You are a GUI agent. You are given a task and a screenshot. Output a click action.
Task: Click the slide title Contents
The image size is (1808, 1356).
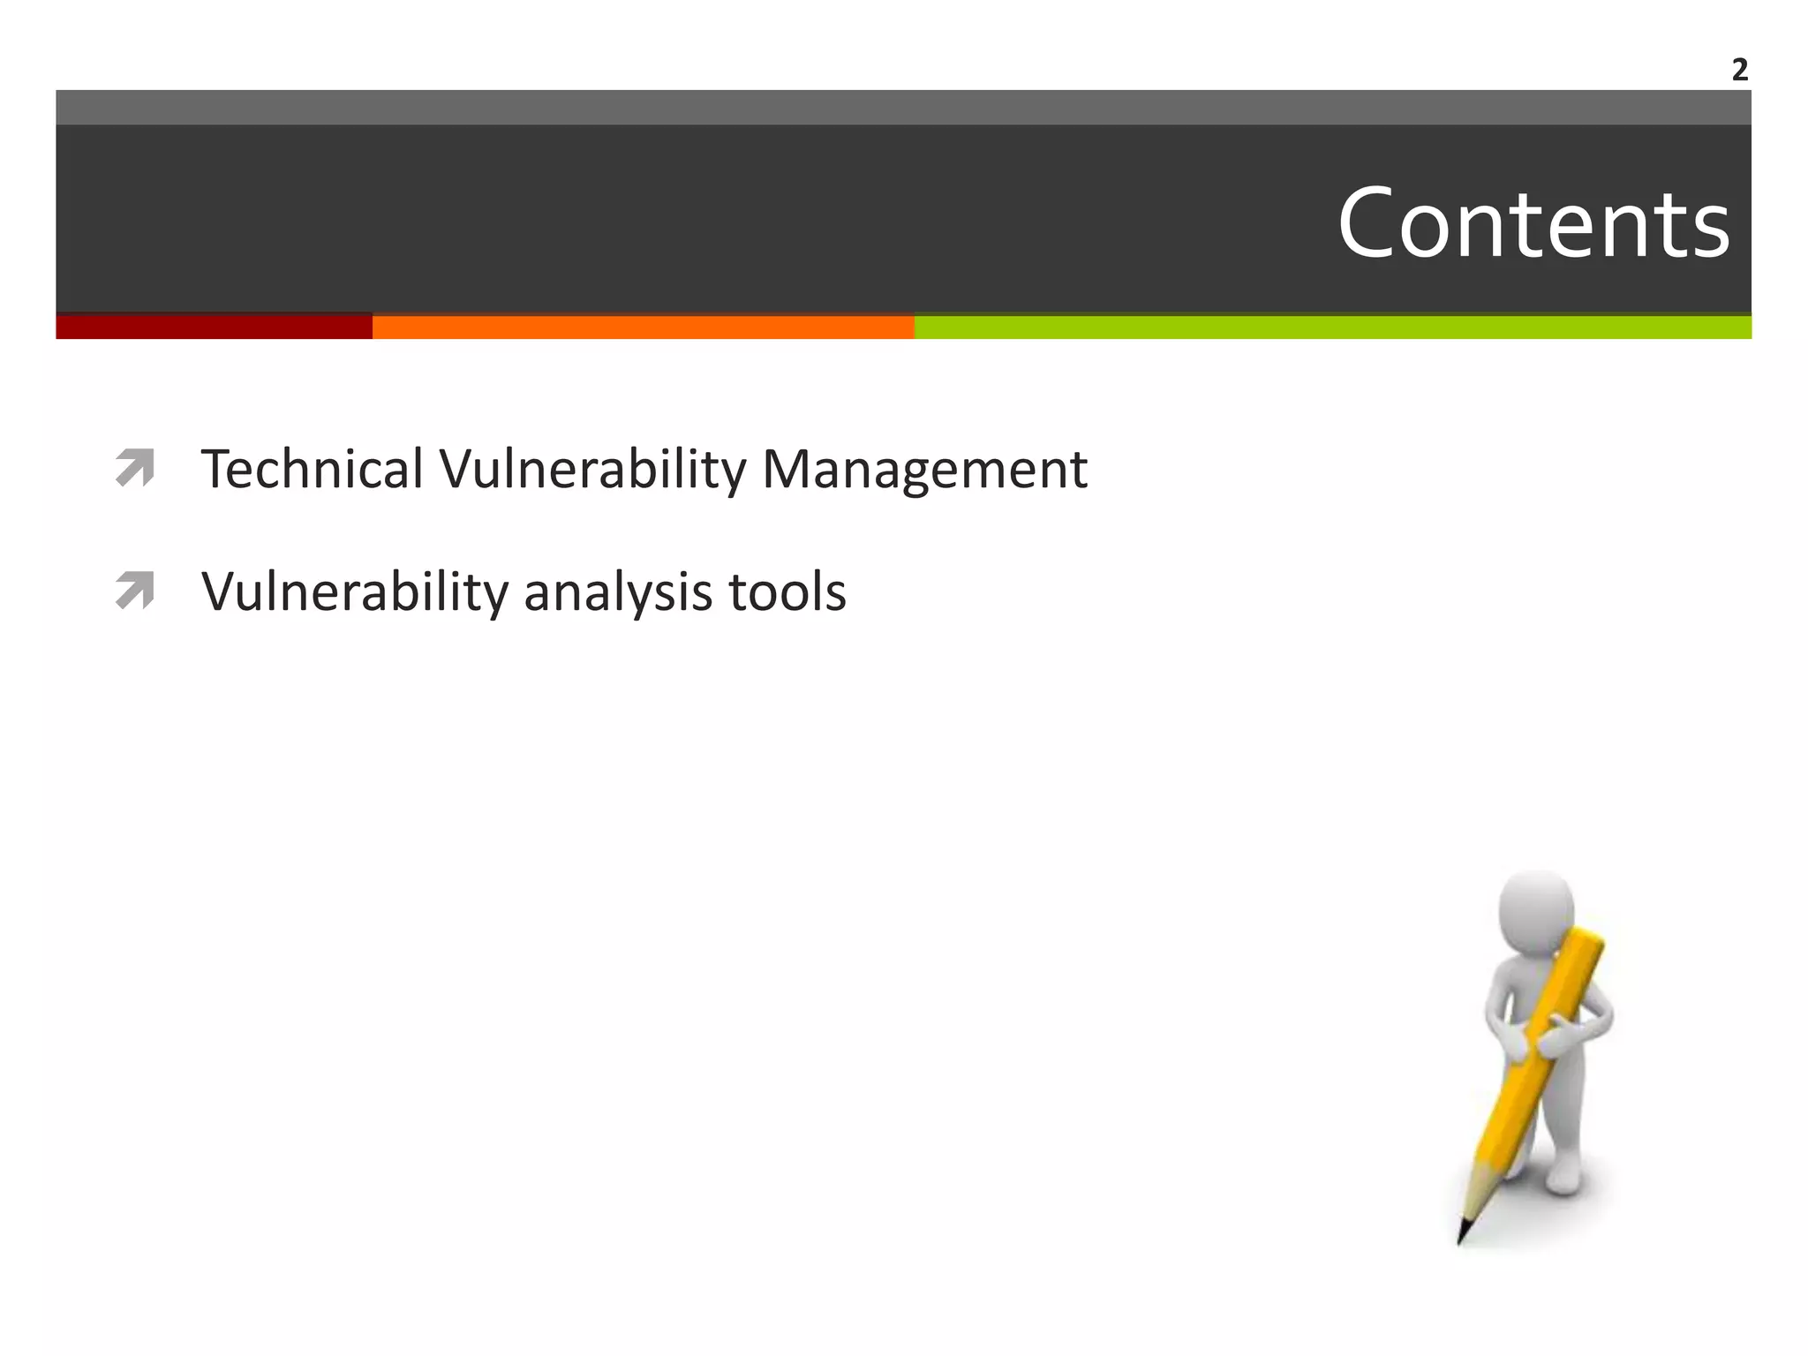click(x=1533, y=224)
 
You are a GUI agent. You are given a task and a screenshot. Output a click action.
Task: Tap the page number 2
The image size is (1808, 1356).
click(x=1739, y=70)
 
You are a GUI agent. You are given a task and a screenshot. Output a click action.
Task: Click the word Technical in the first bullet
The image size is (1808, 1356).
click(x=312, y=469)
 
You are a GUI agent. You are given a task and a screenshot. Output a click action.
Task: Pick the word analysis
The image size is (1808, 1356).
click(x=618, y=592)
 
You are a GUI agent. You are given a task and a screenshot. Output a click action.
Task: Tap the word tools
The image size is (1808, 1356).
click(x=787, y=592)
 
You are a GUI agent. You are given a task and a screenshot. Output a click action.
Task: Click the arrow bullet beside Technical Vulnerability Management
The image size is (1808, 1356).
click(x=135, y=468)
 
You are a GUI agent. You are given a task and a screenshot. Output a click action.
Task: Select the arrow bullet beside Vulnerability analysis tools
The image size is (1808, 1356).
click(x=135, y=591)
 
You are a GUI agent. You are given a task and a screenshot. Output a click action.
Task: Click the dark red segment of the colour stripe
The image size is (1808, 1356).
click(x=214, y=328)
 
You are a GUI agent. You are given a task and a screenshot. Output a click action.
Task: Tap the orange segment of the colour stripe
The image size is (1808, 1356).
click(x=643, y=328)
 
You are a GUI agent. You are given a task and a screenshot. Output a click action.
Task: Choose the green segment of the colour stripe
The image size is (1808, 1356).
click(x=1332, y=328)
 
